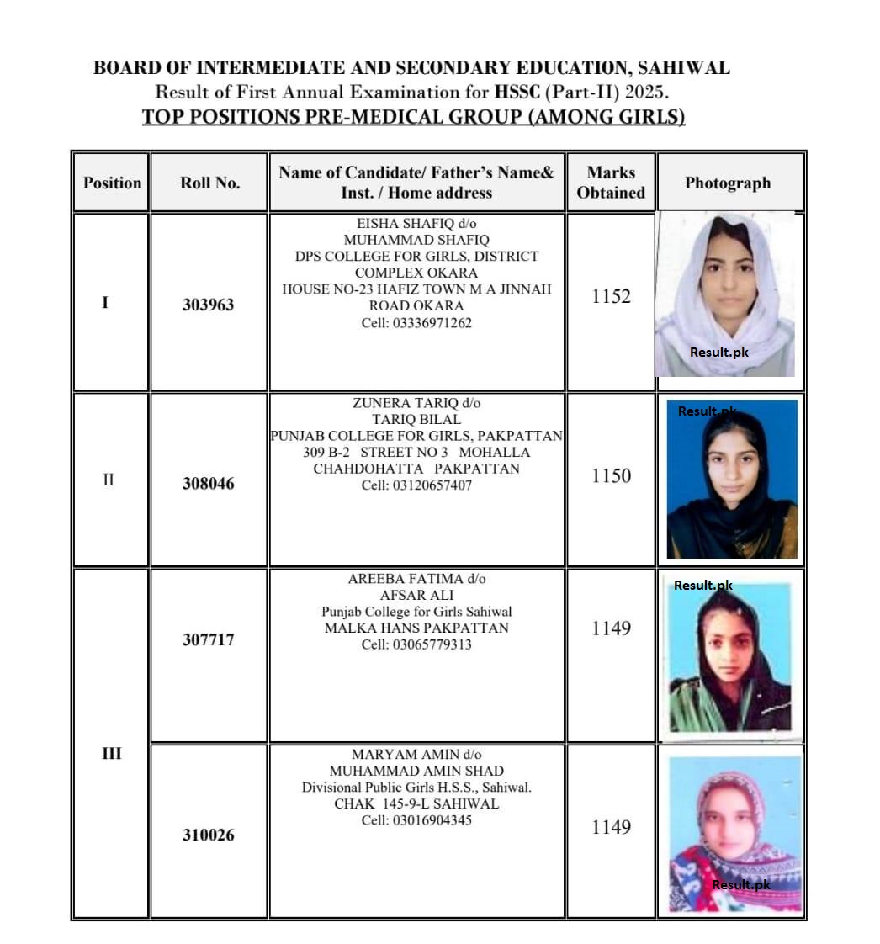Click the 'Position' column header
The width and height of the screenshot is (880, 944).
112,183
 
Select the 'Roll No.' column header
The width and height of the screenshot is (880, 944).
209,183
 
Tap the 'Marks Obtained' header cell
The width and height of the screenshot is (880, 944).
611,183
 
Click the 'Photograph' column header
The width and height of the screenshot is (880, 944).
727,183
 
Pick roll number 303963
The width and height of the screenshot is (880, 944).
208,305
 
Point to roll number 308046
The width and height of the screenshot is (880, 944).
208,484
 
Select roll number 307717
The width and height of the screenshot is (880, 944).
208,639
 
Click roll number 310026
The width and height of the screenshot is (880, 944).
208,835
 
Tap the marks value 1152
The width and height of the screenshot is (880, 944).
611,296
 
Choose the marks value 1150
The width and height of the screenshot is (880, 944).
611,475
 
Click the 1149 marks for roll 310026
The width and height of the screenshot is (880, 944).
611,827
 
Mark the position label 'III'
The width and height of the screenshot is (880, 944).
111,753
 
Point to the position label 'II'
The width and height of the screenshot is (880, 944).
109,480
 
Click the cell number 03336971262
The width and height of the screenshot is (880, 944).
416,322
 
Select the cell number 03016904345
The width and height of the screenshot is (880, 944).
416,819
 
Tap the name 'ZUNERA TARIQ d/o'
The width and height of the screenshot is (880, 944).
416,403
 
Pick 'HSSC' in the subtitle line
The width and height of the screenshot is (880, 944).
517,92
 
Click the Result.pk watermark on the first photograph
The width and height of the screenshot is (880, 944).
718,353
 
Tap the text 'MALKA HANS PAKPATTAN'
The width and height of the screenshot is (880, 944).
416,628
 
